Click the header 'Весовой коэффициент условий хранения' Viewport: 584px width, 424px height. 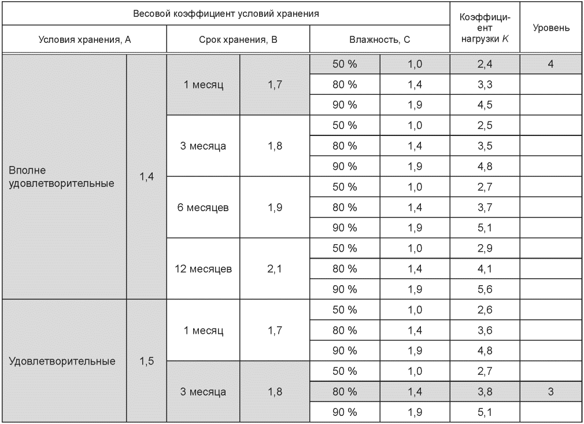(226, 14)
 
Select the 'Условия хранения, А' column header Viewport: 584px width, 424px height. (84, 39)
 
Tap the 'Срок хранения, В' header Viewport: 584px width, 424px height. (238, 39)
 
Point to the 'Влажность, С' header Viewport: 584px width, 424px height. (379, 39)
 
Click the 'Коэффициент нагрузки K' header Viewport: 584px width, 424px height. (485, 28)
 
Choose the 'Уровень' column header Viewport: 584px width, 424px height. (551, 28)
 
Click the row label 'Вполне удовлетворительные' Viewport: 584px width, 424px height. (61, 176)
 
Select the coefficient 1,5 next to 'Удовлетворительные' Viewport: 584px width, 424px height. (147, 361)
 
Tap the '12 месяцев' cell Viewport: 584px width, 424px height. (204, 268)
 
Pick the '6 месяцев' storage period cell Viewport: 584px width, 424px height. (203, 207)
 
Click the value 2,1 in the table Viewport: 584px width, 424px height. (275, 268)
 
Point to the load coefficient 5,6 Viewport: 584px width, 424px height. (485, 289)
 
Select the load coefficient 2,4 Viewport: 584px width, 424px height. (485, 64)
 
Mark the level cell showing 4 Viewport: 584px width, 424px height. (550, 64)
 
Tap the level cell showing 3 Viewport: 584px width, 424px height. (550, 392)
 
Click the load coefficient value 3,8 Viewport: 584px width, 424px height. (485, 392)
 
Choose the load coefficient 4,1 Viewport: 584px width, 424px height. (485, 268)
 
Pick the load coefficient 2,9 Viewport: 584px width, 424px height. (485, 248)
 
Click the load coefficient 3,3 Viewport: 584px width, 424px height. (485, 84)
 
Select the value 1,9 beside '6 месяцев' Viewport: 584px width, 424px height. (275, 207)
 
